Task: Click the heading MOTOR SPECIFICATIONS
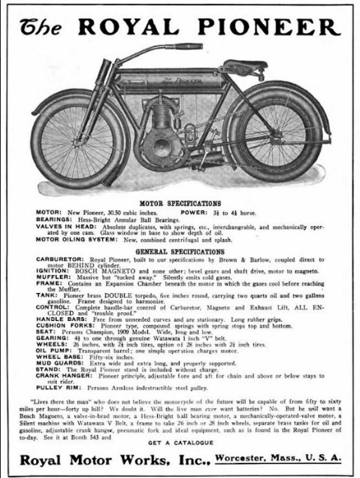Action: coord(181,202)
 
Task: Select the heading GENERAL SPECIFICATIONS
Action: coord(181,251)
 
